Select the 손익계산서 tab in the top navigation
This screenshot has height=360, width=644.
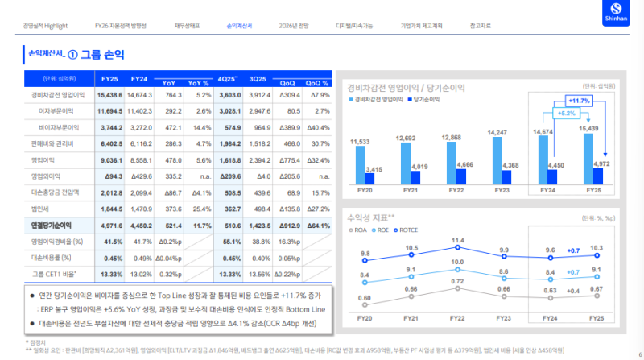(239, 26)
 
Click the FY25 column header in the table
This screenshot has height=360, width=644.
(110, 79)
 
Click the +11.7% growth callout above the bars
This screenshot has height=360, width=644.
(579, 100)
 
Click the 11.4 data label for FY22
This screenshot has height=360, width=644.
(458, 241)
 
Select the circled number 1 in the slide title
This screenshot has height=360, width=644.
(72, 56)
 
